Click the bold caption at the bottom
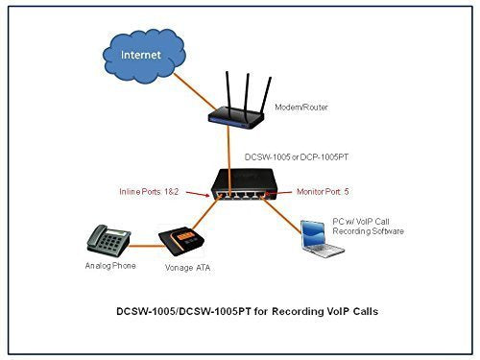[239, 313]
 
